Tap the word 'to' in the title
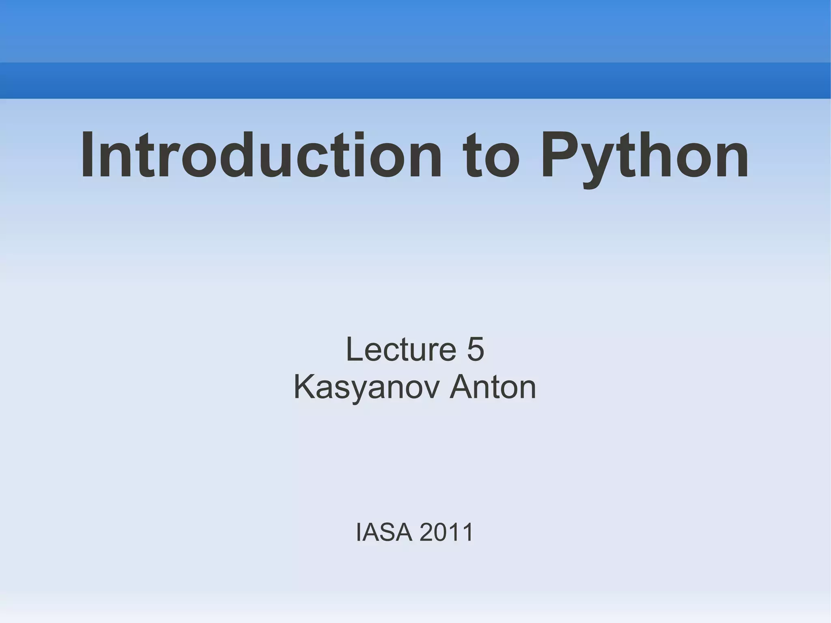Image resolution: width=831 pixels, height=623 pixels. tap(491, 156)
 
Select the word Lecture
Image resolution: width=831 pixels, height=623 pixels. tap(401, 349)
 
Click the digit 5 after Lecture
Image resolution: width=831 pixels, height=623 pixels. tap(475, 349)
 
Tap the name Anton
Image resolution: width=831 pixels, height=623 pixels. tap(493, 388)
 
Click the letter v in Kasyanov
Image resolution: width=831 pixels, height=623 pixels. tap(431, 390)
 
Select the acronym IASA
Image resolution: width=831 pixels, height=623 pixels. tap(384, 532)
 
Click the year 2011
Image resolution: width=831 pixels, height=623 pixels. tap(446, 532)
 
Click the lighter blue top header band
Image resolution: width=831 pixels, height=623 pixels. tap(415, 31)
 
